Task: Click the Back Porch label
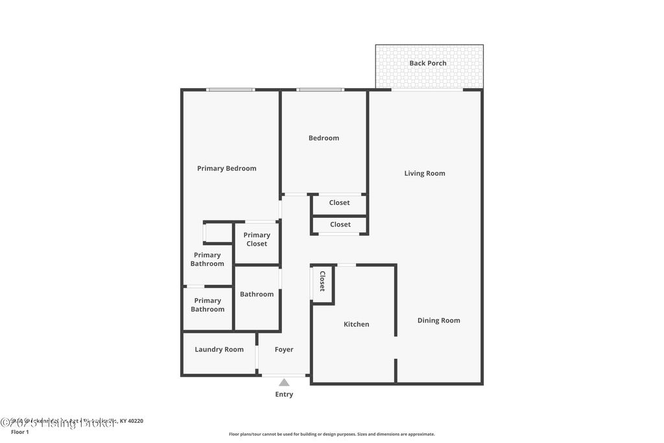(427, 63)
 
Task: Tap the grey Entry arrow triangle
(284, 383)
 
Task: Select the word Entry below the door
(284, 394)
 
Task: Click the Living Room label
(425, 173)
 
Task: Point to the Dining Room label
(438, 320)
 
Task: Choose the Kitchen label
(356, 324)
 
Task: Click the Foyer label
(284, 350)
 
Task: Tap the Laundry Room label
(219, 350)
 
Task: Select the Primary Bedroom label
(226, 168)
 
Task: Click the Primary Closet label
(257, 239)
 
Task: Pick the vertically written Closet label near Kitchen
(322, 281)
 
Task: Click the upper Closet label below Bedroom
(339, 202)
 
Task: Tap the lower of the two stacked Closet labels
(340, 224)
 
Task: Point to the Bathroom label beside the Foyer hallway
(257, 294)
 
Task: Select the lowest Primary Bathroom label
(207, 305)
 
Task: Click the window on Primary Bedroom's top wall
(230, 90)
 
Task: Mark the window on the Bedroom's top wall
(320, 90)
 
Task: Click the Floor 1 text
(20, 431)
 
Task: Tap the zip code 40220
(135, 421)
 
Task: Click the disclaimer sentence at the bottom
(331, 434)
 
